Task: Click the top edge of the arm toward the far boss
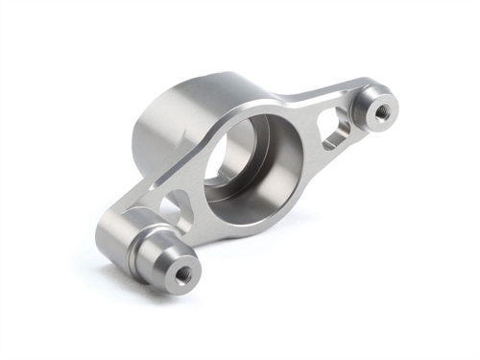(317, 91)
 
